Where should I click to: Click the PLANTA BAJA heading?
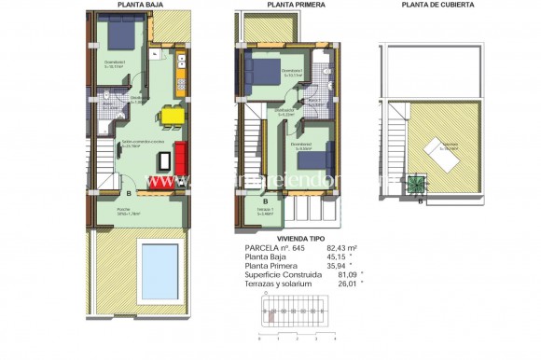[137, 5]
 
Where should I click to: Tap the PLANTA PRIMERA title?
[292, 5]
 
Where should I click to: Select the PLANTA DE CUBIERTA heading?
[437, 5]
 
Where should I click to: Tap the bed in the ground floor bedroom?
[119, 36]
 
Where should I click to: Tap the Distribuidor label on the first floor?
[284, 111]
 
